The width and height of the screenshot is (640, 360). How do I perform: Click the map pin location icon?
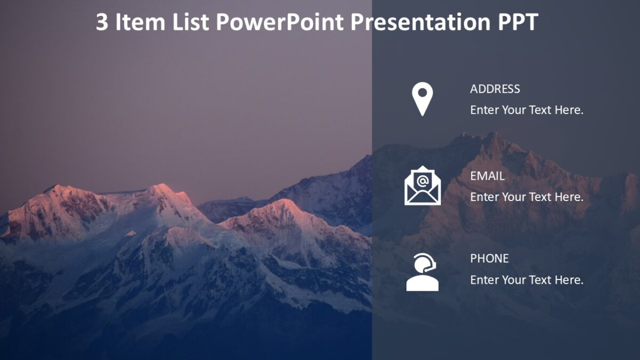click(422, 99)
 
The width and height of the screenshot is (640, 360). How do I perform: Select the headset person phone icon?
click(422, 273)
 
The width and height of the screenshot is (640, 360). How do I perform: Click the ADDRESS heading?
click(495, 89)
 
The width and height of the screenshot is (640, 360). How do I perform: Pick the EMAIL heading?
click(487, 176)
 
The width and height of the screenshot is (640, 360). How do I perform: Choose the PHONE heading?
click(489, 259)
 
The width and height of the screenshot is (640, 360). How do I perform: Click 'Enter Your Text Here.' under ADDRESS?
click(526, 110)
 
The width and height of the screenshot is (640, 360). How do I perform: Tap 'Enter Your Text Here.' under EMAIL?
click(526, 197)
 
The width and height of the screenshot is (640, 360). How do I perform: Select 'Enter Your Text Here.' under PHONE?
click(526, 280)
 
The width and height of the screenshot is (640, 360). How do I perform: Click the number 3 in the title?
click(102, 22)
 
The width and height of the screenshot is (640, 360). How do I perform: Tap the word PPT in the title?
click(517, 22)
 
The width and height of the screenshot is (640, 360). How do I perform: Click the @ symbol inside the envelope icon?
click(422, 180)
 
